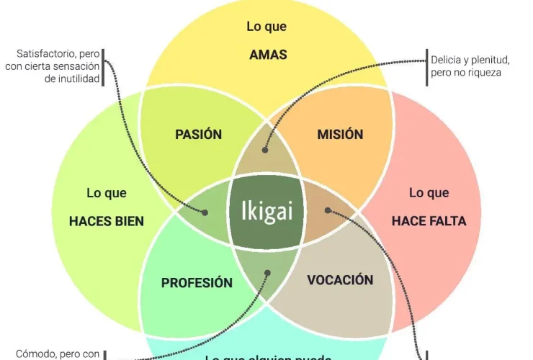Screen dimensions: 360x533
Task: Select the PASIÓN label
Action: click(198, 135)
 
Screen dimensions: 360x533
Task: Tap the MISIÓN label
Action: click(340, 135)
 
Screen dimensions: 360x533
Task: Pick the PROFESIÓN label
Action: click(197, 283)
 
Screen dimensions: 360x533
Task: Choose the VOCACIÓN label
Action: click(340, 279)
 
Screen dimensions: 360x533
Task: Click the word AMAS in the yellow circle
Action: click(267, 55)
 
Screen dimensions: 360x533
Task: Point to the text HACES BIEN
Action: click(107, 221)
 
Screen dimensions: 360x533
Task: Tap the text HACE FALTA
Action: click(429, 221)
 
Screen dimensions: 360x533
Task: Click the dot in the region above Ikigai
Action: click(265, 150)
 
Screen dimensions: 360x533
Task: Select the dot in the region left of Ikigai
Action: click(205, 212)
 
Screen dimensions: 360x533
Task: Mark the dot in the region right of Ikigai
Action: click(328, 211)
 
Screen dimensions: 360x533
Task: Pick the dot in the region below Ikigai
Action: click(267, 273)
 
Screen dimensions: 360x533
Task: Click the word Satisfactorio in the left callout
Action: click(42, 54)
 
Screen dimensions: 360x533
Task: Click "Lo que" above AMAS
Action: click(266, 27)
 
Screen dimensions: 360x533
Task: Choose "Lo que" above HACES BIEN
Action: click(107, 193)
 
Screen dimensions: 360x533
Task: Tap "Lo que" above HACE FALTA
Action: click(429, 193)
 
